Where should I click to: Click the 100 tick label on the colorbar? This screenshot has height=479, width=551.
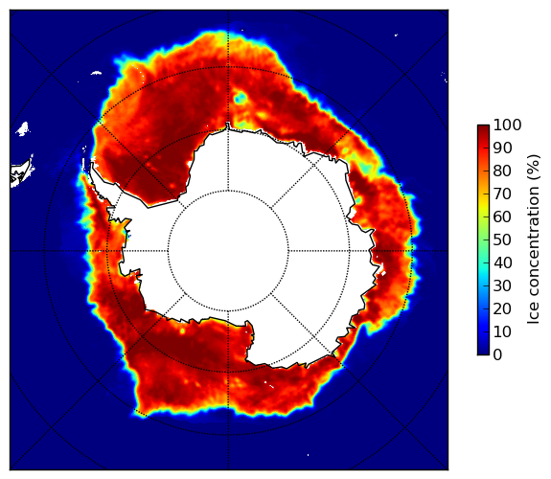(x=508, y=125)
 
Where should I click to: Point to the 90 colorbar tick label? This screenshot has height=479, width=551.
(x=503, y=148)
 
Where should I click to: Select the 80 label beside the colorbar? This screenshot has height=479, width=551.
(x=503, y=171)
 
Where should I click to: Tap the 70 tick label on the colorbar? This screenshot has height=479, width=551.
(x=503, y=194)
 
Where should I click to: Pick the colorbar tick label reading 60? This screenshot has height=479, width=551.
(x=503, y=217)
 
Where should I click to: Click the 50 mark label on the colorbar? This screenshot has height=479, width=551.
(x=503, y=240)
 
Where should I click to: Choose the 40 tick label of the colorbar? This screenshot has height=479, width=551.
(x=503, y=262)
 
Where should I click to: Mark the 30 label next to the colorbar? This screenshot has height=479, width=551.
(x=503, y=285)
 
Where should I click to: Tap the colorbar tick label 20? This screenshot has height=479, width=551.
(x=503, y=308)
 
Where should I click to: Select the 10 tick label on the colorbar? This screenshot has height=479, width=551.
(x=503, y=331)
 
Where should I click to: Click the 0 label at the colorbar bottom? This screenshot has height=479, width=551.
(x=498, y=355)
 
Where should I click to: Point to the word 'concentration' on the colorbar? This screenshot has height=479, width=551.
(x=533, y=242)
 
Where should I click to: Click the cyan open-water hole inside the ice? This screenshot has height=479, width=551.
(x=241, y=99)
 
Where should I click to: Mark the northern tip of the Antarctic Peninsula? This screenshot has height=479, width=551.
(x=92, y=163)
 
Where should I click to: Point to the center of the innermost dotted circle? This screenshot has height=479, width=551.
(x=228, y=251)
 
